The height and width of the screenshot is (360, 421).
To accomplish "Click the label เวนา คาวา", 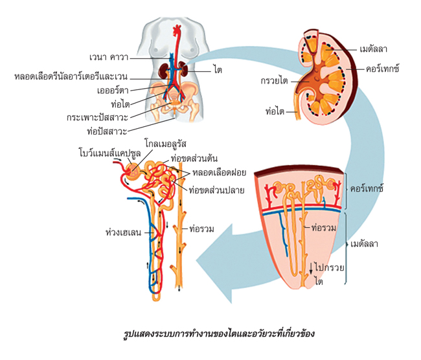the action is tap(109, 57).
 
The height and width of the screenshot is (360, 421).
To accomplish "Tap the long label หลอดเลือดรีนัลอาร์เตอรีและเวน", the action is tap(71, 77).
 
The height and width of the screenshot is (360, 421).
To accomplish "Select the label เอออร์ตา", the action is tap(113, 91).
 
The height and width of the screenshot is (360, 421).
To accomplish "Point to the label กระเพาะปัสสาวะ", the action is tap(97, 118).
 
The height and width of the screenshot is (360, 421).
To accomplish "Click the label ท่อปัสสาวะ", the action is tap(107, 131).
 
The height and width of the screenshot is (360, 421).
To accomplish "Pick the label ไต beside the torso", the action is tap(218, 70).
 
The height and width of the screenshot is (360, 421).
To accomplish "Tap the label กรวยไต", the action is tap(274, 81).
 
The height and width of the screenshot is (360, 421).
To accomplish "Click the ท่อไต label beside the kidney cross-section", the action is tap(275, 111).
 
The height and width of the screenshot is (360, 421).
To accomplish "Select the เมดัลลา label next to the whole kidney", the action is tap(373, 49).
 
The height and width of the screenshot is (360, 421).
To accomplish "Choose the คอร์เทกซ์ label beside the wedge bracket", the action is tap(367, 188).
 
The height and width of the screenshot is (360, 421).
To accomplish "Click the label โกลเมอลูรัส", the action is tap(165, 144).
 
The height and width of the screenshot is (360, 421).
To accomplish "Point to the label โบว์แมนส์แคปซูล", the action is tap(110, 153).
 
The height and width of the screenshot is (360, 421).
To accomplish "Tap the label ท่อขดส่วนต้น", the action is tap(194, 159).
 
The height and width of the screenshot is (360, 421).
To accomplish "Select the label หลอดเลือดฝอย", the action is tap(219, 172).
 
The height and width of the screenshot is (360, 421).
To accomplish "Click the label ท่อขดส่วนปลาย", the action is tap(216, 190).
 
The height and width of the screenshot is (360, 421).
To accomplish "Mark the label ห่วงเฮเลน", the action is tap(123, 232).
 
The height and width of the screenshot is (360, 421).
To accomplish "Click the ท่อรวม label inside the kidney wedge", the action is tap(324, 228).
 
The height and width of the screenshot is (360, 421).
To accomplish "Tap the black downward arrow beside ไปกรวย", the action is tap(311, 268).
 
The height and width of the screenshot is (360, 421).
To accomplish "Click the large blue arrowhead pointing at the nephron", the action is tap(214, 264).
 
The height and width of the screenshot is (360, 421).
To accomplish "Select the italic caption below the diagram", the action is tap(219, 333).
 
